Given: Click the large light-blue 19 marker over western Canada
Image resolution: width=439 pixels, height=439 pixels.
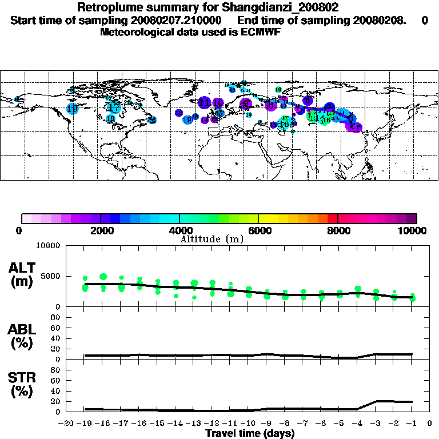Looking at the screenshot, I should pos(72,109).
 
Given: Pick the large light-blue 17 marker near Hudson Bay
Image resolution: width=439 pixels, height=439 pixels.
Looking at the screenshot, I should pos(114,107).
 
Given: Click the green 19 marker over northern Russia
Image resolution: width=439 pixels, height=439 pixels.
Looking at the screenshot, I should pos(278,90).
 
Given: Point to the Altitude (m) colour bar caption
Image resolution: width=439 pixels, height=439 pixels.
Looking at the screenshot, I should pos(211,239).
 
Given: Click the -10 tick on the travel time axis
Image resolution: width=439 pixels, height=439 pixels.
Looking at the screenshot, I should pos(247,424).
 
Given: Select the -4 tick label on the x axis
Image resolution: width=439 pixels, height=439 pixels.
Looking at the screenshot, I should pos(356,424).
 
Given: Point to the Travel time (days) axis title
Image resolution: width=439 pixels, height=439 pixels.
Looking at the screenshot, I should pos(250,434).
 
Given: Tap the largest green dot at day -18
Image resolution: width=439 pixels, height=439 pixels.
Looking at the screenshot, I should pos(103,277).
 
